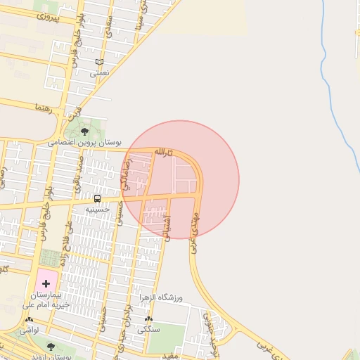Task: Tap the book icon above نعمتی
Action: click(99, 62)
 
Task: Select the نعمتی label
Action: click(99, 72)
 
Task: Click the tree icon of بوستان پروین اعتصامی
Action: click(85, 131)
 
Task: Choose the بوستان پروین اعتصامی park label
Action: click(84, 142)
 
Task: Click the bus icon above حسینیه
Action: click(97, 198)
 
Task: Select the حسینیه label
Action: click(97, 209)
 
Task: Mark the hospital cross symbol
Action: click(46, 283)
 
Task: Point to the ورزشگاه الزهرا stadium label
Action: click(160, 298)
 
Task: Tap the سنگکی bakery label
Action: click(149, 329)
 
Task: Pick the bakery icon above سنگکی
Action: click(148, 319)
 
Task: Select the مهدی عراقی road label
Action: click(195, 221)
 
